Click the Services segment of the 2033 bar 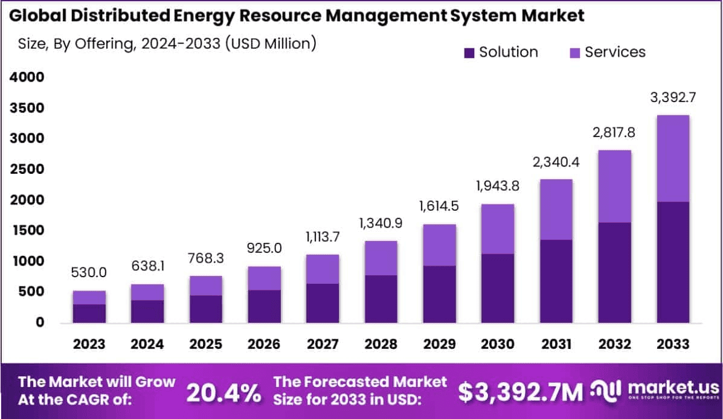coord(673,158)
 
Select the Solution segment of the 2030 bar coord(498,288)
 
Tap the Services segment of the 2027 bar coord(323,269)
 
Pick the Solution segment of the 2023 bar coord(89,313)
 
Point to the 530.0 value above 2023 coord(89,273)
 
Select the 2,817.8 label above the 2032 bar coord(614,133)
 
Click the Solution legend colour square coord(469,53)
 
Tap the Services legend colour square coord(575,53)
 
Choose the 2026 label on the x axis coord(264,344)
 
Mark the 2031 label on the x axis coord(556,344)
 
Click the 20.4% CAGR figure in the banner coord(223,392)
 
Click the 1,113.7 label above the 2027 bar coord(323,237)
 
